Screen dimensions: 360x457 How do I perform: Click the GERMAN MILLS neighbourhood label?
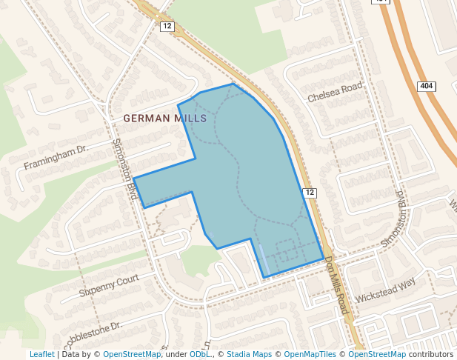click(160, 118)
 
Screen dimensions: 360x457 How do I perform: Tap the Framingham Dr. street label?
click(56, 157)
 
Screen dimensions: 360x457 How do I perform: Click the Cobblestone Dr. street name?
click(87, 333)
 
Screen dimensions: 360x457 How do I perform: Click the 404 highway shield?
click(427, 87)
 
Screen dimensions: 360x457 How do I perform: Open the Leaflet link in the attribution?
click(42, 354)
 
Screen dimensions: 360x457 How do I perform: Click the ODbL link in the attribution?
click(199, 354)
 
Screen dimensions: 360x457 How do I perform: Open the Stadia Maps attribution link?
click(249, 354)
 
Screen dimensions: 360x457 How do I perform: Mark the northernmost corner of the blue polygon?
click(233, 83)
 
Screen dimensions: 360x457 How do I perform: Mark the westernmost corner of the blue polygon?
click(133, 178)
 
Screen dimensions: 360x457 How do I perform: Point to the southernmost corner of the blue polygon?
click(264, 278)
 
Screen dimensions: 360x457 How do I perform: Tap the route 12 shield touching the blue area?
click(310, 193)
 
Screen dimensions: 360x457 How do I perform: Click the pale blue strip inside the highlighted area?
click(264, 259)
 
